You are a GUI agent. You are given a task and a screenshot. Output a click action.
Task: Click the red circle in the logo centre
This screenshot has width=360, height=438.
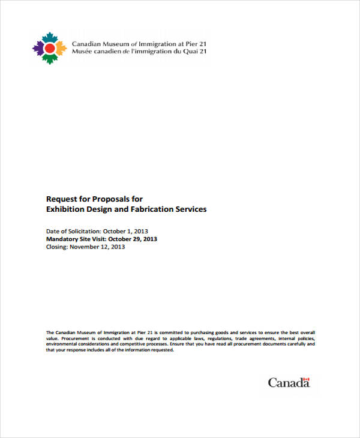point(50,47)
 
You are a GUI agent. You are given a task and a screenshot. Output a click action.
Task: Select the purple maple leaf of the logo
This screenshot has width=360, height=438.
point(39,47)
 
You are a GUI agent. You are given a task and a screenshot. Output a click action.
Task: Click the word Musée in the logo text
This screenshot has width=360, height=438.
point(82,52)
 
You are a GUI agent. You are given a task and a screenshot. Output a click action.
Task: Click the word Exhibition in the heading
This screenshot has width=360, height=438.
point(66,209)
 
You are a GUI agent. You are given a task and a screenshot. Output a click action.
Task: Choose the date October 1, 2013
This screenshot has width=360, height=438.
point(125,231)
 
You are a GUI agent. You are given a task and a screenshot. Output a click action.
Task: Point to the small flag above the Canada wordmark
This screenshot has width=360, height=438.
point(306,379)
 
